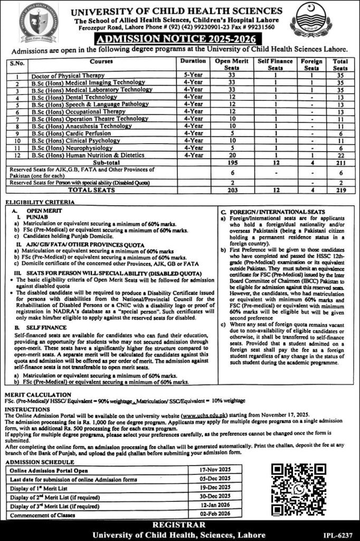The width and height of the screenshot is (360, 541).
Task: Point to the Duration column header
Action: (x=193, y=61)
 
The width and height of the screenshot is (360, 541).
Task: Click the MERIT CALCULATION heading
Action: (x=37, y=395)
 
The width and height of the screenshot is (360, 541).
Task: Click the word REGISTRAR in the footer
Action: (x=180, y=526)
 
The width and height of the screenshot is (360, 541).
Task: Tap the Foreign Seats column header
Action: (x=311, y=64)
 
